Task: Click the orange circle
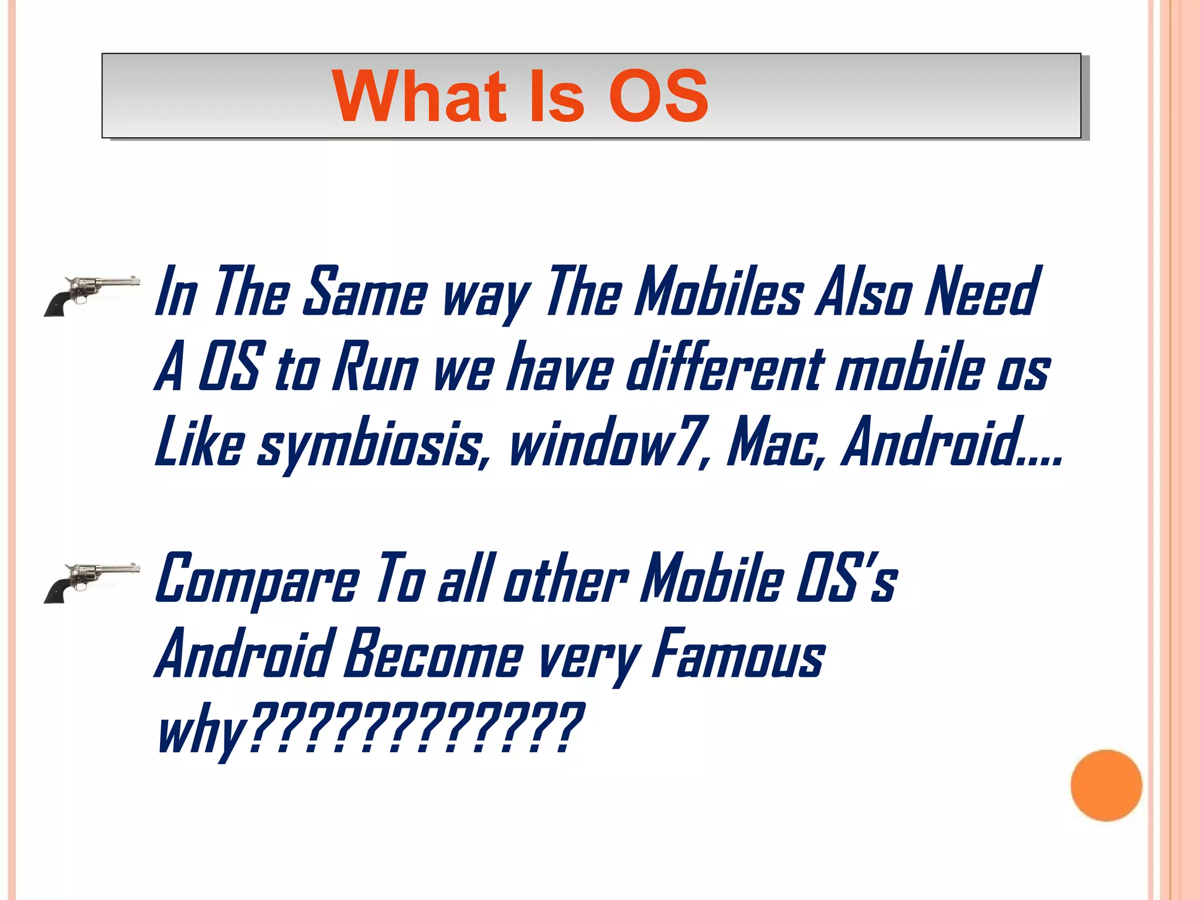tap(1106, 785)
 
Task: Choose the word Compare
tap(258, 580)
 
